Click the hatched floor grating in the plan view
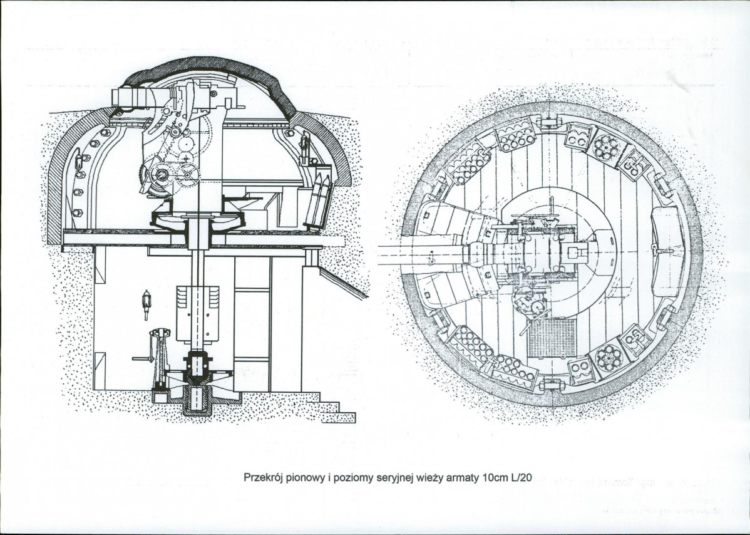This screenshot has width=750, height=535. (551, 338)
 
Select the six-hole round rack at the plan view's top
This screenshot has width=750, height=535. (607, 146)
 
